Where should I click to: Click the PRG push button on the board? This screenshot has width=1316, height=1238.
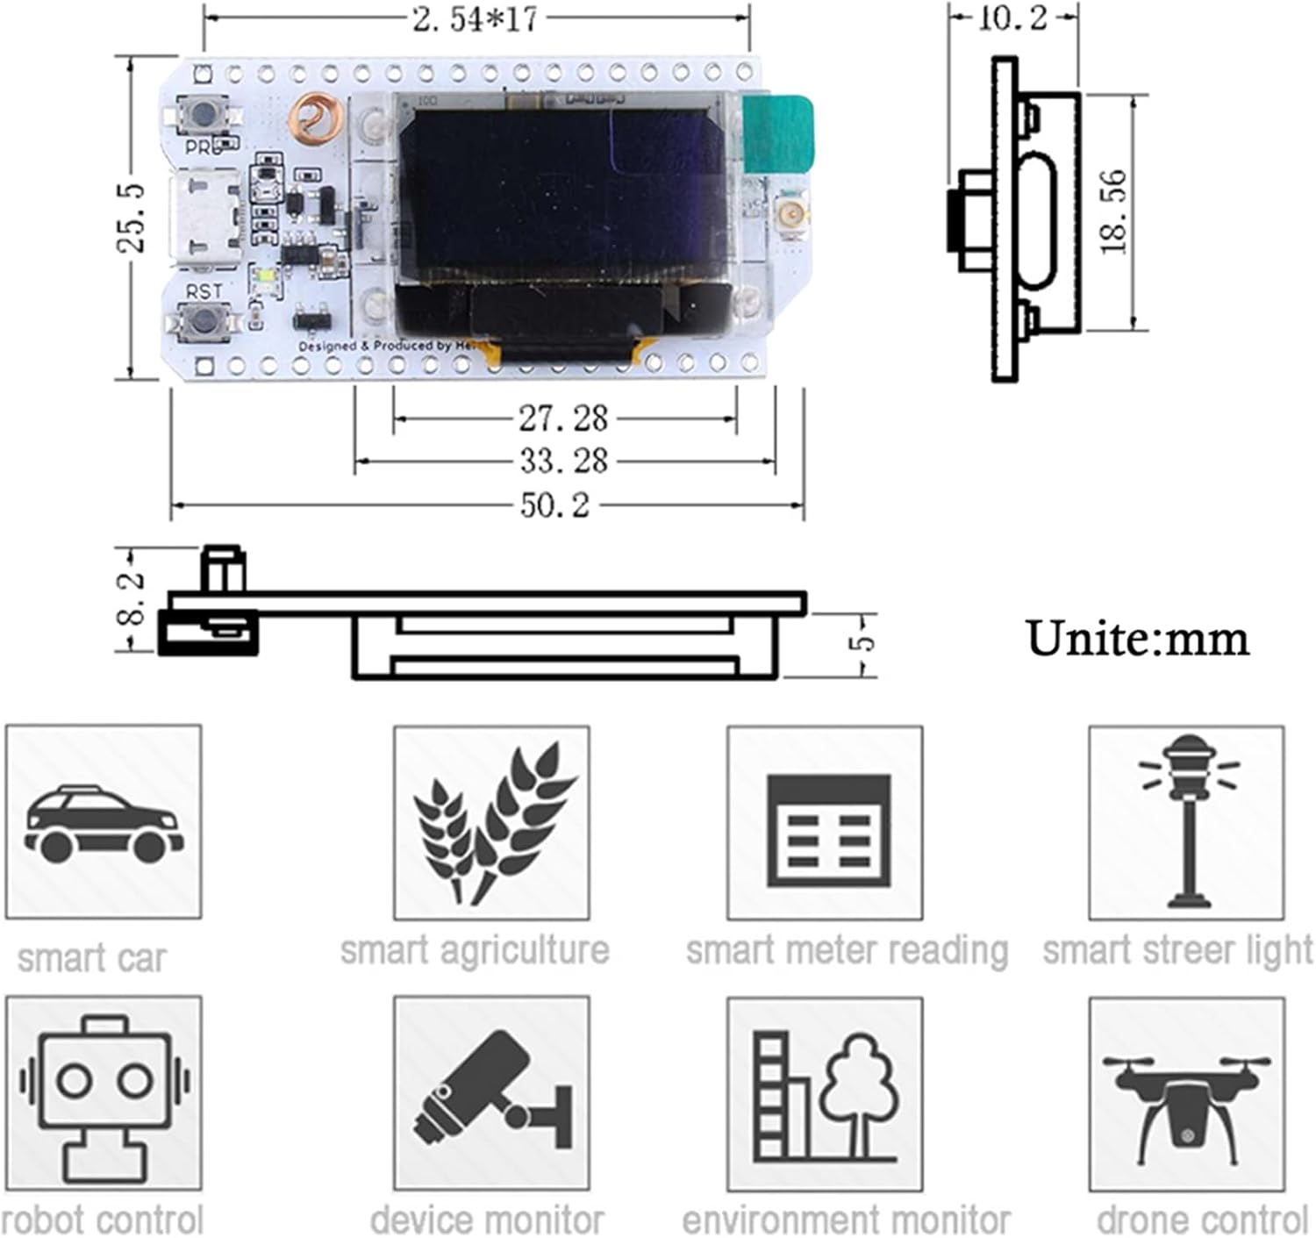click(x=204, y=113)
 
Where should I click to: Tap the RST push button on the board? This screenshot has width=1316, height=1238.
click(x=205, y=319)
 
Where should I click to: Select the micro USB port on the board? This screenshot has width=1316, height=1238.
click(x=205, y=218)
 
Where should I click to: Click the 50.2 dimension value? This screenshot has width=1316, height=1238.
click(x=555, y=505)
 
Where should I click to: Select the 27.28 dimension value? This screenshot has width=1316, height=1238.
click(x=563, y=419)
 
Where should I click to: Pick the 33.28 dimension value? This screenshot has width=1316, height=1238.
click(x=563, y=461)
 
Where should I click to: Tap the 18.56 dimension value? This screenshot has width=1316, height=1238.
click(x=1113, y=212)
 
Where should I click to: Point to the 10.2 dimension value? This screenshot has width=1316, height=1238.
click(x=1012, y=18)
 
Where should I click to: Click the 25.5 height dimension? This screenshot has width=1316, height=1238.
click(x=132, y=218)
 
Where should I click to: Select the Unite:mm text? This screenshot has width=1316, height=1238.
click(x=1137, y=639)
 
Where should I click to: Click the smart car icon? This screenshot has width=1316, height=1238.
click(x=104, y=822)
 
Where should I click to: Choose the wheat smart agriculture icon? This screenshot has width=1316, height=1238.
click(x=491, y=822)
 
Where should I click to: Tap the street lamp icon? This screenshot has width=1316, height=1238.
click(x=1187, y=822)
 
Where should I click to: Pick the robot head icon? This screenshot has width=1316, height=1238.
click(x=104, y=1093)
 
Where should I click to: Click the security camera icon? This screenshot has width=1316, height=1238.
click(x=491, y=1093)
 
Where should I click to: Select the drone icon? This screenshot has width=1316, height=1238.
click(x=1187, y=1093)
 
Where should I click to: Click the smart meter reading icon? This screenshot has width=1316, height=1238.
click(x=825, y=822)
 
